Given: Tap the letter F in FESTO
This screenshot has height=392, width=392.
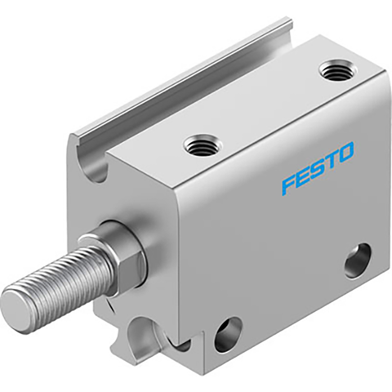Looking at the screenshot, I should pyautogui.click(x=288, y=184).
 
